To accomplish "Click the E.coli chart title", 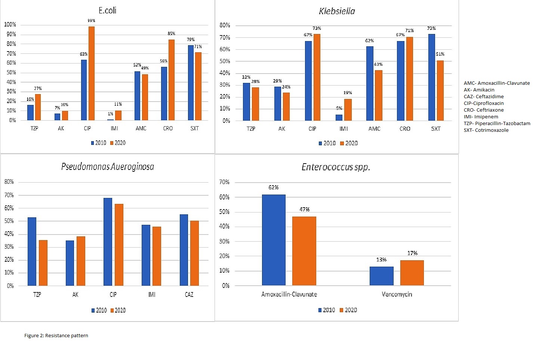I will (x=107, y=10).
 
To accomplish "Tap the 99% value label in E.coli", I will (x=91, y=21).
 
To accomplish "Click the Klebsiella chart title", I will (x=337, y=11).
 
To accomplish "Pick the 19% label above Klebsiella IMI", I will (x=348, y=93).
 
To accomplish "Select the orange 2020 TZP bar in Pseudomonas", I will (x=43, y=263).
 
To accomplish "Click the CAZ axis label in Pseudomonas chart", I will (x=189, y=295).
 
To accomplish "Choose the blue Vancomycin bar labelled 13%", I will (x=381, y=276).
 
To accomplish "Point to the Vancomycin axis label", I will (x=397, y=294).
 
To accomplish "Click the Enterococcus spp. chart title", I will (x=336, y=167).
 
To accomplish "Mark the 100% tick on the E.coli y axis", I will (x=10, y=25).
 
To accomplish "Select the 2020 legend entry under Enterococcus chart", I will (x=348, y=310).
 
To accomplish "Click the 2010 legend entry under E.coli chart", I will (x=98, y=143).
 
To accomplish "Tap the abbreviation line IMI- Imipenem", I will (x=481, y=117).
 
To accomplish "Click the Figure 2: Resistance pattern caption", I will (x=56, y=335).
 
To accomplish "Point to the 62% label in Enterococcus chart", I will (x=273, y=187).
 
